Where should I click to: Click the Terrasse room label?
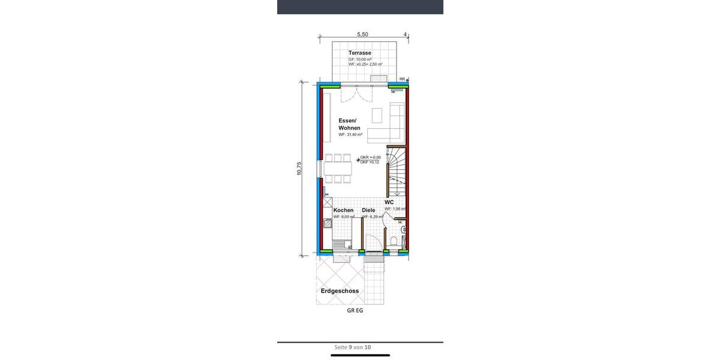(x=359, y=53)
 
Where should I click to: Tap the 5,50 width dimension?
(x=362, y=35)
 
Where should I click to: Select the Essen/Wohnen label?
(x=347, y=124)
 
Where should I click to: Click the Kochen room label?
(x=343, y=210)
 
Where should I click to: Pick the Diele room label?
(x=368, y=210)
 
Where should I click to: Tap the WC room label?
(x=389, y=202)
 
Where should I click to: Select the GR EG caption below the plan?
(x=355, y=311)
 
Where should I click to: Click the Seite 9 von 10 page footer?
(x=353, y=347)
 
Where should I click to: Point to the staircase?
(x=396, y=171)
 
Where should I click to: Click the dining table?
(x=337, y=168)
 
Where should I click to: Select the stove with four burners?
(x=328, y=224)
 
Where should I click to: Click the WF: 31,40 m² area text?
(x=350, y=135)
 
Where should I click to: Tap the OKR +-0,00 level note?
(x=370, y=157)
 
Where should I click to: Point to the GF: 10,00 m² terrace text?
(x=361, y=59)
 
